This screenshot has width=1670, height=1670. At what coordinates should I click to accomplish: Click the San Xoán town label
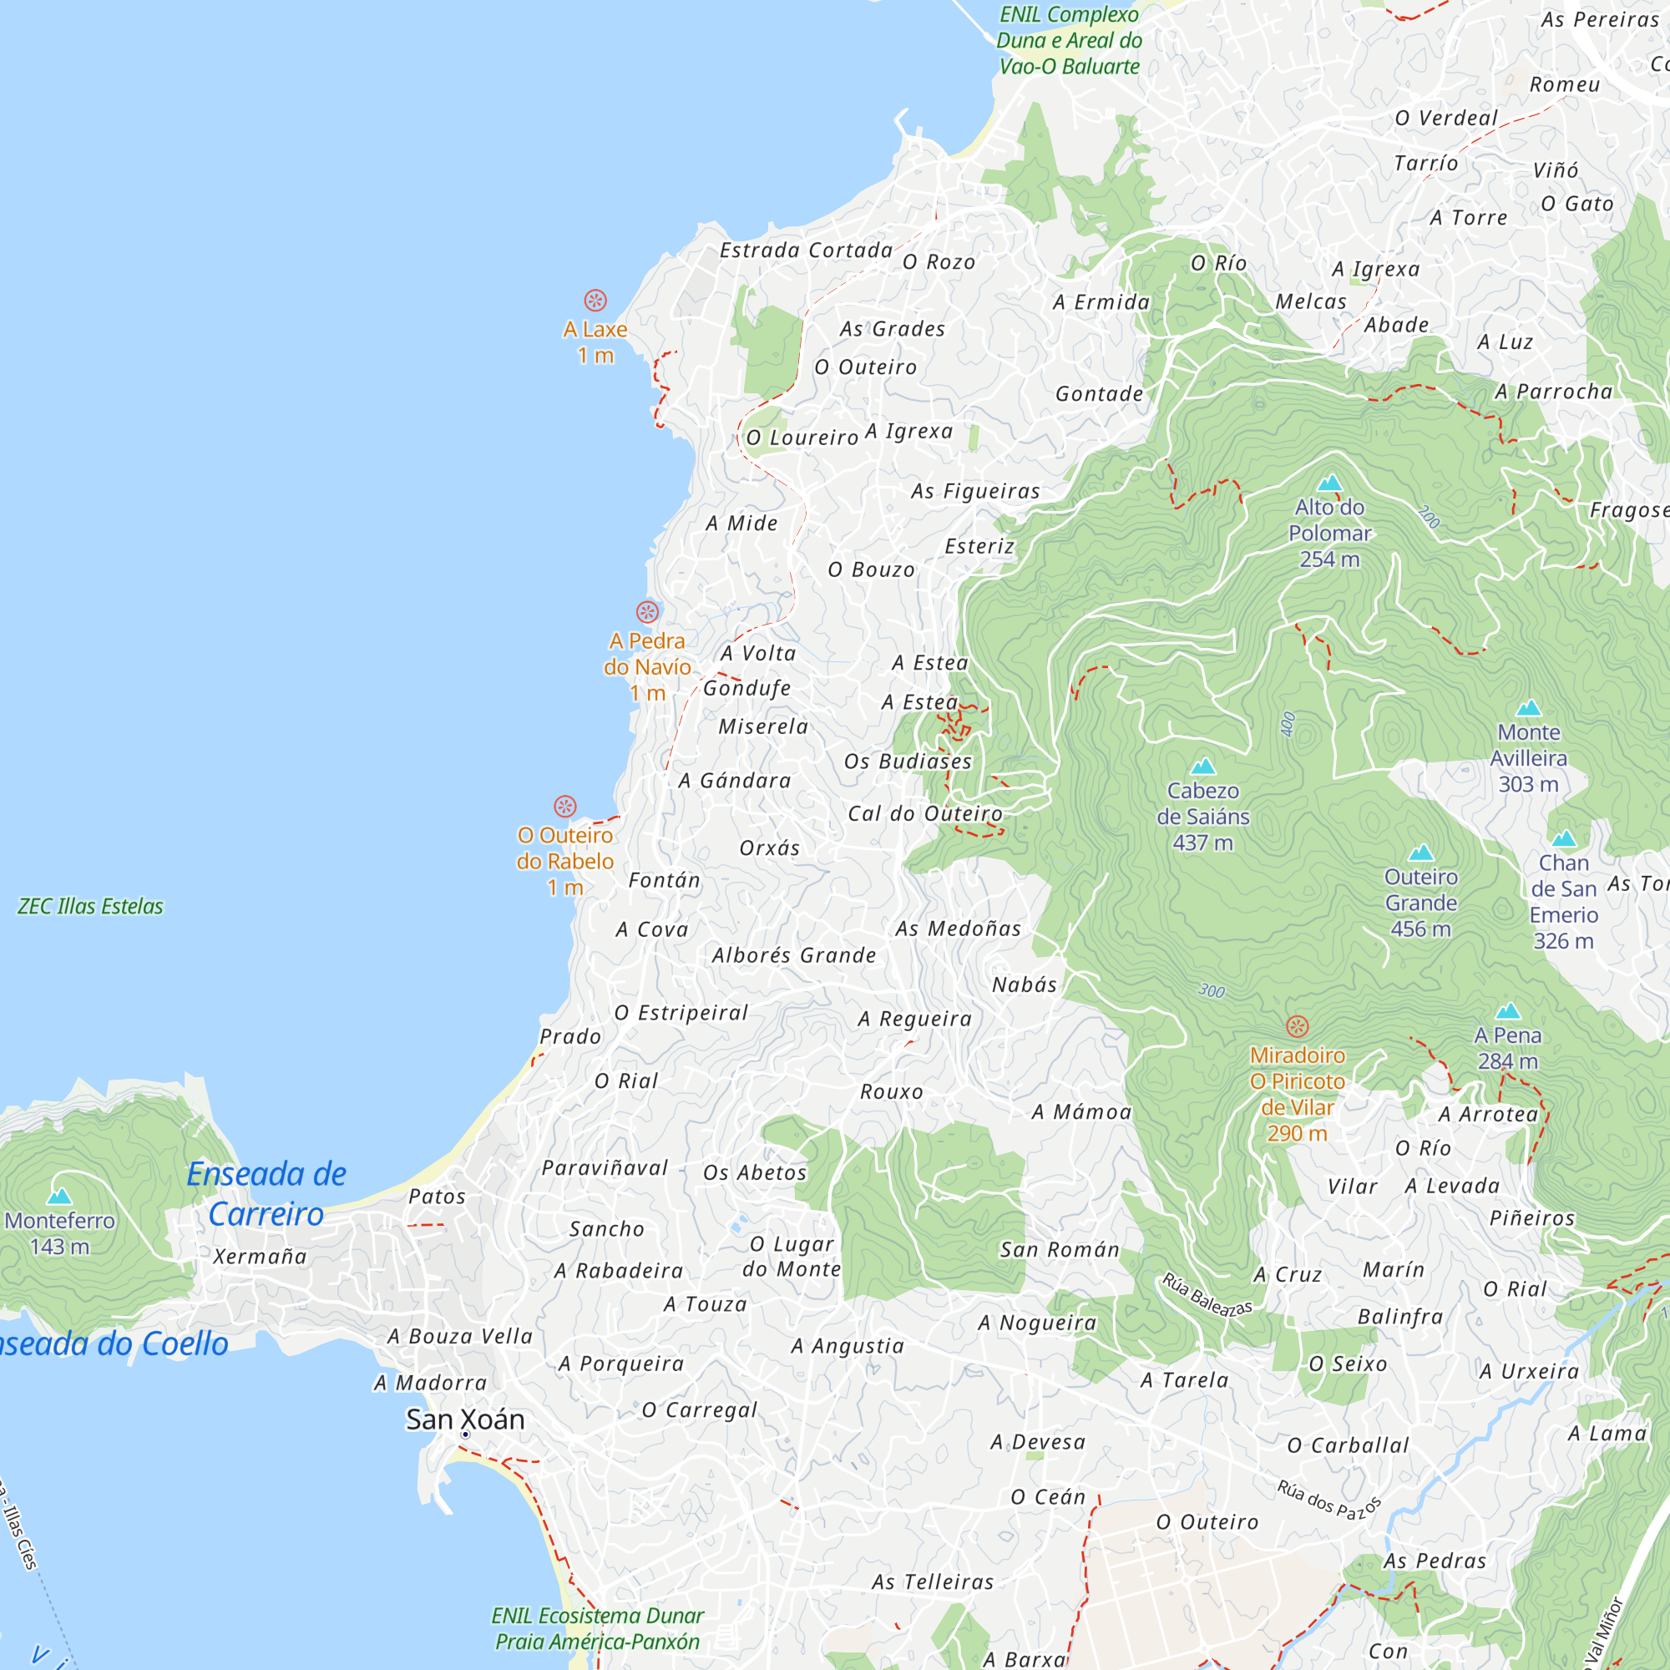pos(465,1419)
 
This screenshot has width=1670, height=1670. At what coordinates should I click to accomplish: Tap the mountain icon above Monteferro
pos(59,1197)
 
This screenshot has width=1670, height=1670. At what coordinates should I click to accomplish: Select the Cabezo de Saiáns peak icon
pos(1203,767)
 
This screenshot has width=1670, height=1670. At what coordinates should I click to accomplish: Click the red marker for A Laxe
pos(595,301)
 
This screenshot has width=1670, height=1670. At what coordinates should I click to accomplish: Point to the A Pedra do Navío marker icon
pos(647,613)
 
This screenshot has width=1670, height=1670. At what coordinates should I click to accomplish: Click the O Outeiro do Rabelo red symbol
pos(565,807)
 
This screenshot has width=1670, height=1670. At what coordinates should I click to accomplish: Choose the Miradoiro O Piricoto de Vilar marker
pos(1298,1027)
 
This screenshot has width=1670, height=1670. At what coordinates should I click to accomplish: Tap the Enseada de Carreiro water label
pos(266,1194)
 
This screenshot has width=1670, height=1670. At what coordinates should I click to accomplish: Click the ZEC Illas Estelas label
pos(91,906)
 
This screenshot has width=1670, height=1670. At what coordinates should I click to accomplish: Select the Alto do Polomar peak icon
pos(1330,483)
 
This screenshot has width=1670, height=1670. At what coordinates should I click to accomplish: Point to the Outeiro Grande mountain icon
pos(1421,853)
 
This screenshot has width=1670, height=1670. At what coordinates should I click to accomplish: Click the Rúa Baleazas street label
pos(1207,1295)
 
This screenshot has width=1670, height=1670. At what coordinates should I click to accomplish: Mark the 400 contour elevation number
pos(1288,723)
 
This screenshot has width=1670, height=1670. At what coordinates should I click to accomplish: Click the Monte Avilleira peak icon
pos(1529,708)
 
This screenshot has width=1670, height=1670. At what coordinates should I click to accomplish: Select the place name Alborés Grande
pos(794,955)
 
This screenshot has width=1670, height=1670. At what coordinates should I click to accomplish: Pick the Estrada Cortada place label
pos(807,250)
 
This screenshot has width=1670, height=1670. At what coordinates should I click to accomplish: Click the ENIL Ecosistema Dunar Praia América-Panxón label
pos(597,1628)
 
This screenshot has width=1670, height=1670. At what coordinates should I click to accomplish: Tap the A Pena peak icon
pos(1508,1011)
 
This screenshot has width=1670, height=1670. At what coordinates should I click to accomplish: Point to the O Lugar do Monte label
pos(792,1256)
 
